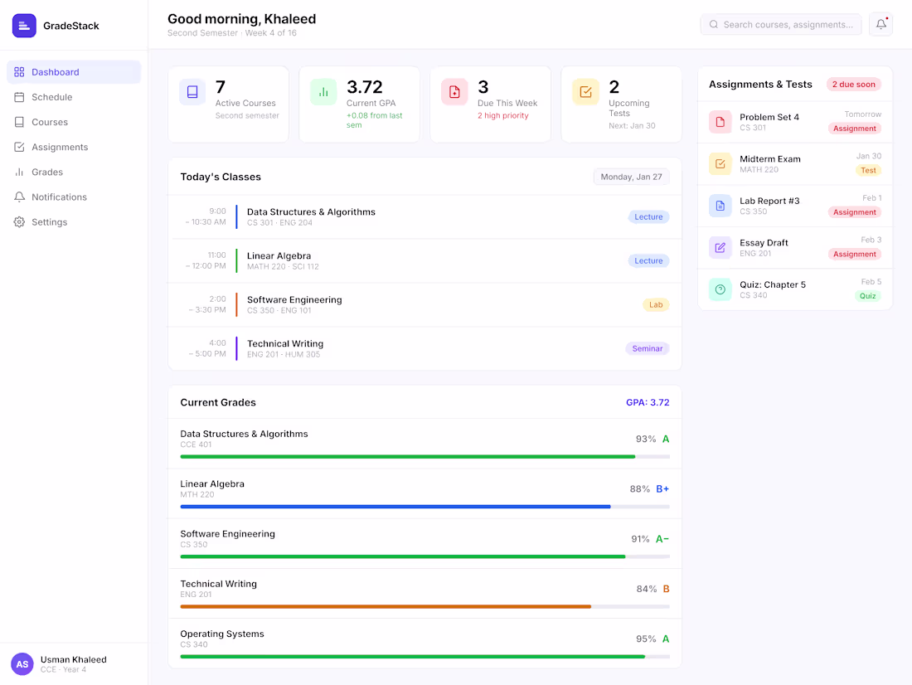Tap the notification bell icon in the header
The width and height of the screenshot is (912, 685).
click(x=880, y=24)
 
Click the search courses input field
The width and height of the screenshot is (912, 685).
click(x=780, y=24)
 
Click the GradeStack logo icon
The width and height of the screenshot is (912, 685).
click(x=24, y=26)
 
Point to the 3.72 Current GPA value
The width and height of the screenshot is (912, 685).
click(x=365, y=87)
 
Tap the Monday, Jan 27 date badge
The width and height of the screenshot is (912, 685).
click(x=631, y=177)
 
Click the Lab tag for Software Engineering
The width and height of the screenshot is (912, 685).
click(x=656, y=305)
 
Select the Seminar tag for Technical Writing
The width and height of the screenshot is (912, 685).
click(x=648, y=348)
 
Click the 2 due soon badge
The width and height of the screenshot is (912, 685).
click(x=853, y=85)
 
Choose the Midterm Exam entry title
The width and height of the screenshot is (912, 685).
click(x=770, y=159)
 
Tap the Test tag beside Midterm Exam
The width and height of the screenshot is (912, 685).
click(x=868, y=171)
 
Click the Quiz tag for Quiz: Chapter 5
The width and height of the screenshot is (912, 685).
click(x=868, y=296)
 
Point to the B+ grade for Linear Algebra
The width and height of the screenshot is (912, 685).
click(x=662, y=488)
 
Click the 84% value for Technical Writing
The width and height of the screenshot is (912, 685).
click(x=646, y=589)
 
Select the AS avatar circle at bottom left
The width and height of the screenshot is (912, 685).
click(x=22, y=664)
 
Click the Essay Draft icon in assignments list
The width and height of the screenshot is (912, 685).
click(x=720, y=248)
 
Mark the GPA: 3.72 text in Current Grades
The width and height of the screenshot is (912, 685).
click(x=648, y=403)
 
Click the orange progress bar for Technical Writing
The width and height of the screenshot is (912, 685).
click(x=386, y=606)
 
